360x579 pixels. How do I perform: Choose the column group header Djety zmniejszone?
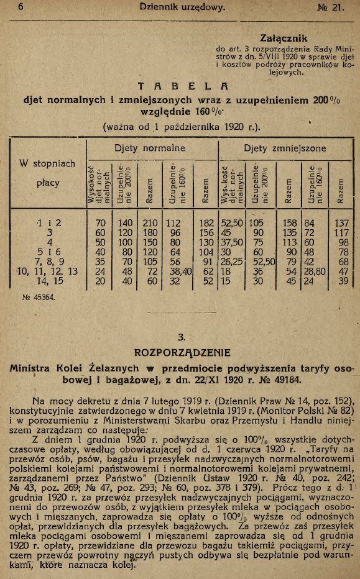[x=284, y=149]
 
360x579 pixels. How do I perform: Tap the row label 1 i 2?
[x=47, y=222]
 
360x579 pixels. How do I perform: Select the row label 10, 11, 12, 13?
[x=47, y=271]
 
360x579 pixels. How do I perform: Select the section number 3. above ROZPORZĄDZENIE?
[x=182, y=338]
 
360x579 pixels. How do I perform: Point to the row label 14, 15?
[x=47, y=281]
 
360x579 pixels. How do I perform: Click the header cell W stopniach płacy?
[x=47, y=173]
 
